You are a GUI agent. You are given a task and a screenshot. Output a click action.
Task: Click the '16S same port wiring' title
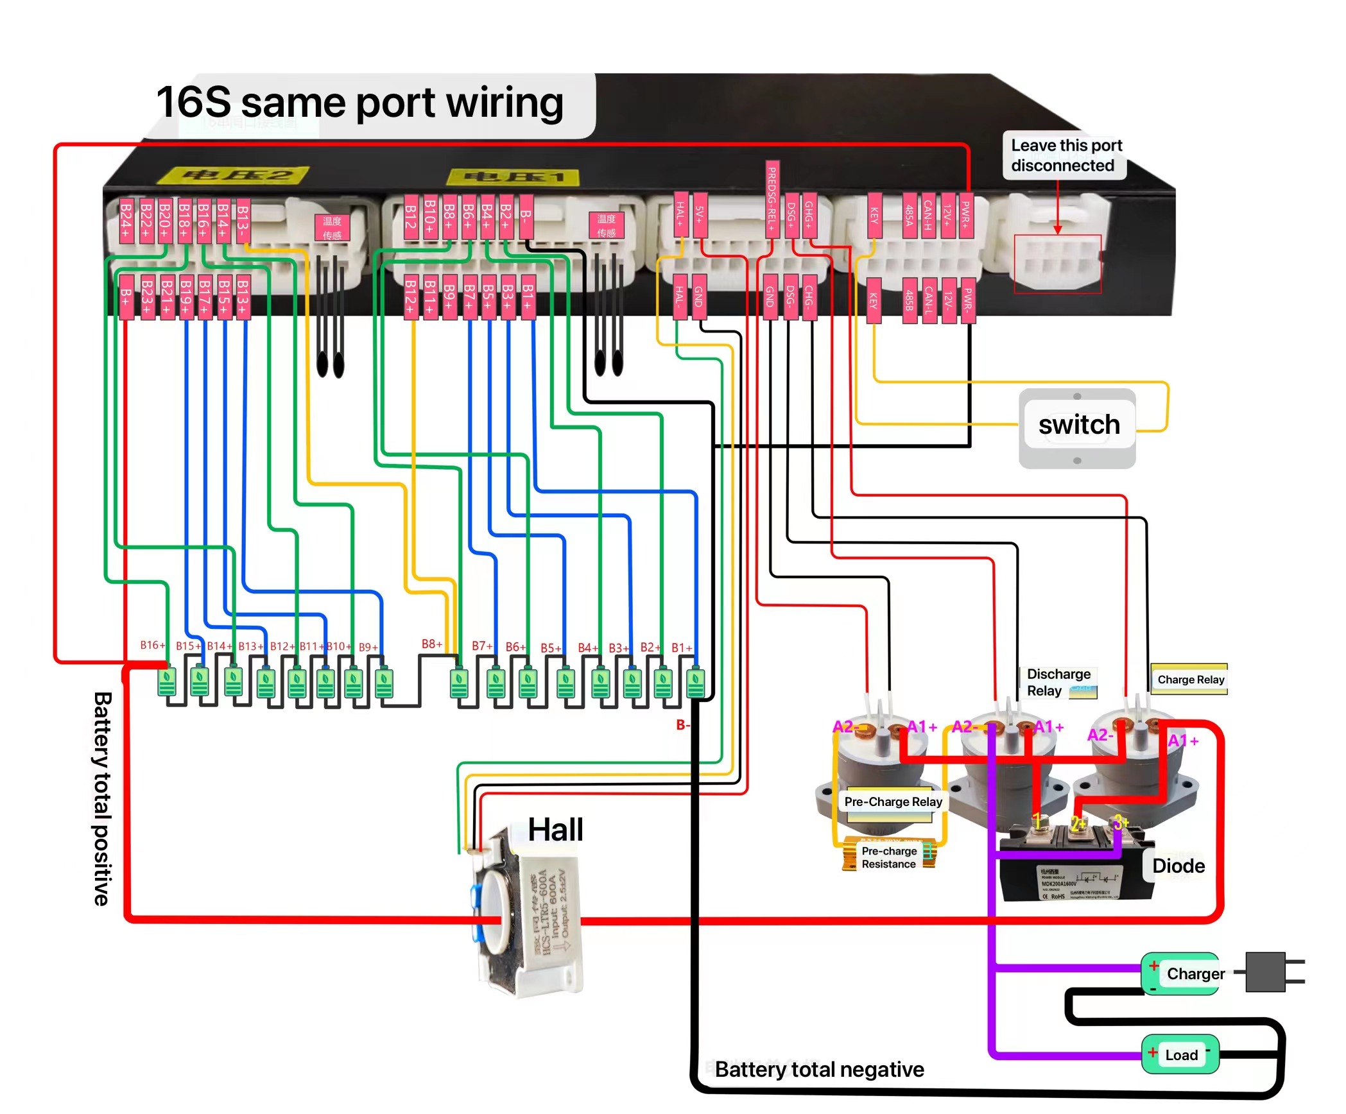tap(359, 103)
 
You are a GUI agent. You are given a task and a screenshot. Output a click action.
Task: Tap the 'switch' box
tap(1078, 425)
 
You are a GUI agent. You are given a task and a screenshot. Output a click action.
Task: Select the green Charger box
tap(1181, 974)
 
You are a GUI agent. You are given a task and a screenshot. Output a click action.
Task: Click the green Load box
tap(1181, 1055)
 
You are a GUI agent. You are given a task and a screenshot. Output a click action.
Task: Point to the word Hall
tap(555, 830)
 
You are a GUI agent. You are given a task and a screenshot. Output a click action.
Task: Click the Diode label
tap(1178, 866)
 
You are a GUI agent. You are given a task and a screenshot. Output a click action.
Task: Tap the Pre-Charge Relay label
tap(893, 802)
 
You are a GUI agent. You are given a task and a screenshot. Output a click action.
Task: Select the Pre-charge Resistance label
tap(889, 858)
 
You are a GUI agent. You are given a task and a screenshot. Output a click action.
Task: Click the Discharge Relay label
tap(1058, 683)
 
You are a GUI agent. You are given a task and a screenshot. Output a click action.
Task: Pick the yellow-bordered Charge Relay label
tap(1189, 680)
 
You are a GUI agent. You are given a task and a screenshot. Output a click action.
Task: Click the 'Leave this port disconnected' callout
tap(1066, 156)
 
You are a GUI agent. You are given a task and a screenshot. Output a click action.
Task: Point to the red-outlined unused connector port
tap(1058, 264)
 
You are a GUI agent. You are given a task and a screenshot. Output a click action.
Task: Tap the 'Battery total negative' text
tap(819, 1070)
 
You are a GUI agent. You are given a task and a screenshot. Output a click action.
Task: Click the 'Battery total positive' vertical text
tap(103, 798)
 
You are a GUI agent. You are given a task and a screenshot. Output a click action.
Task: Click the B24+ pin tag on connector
tap(126, 220)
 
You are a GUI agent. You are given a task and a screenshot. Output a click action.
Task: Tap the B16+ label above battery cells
tap(153, 645)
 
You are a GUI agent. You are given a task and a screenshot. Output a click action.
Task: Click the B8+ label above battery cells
tap(432, 644)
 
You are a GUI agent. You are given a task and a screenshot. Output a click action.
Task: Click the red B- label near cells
tap(682, 725)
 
